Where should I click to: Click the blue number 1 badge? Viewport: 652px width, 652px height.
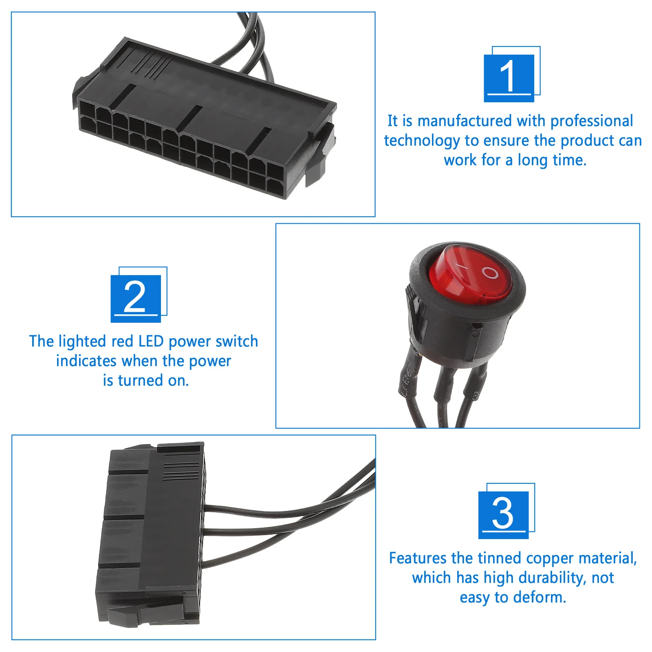tap(509, 77)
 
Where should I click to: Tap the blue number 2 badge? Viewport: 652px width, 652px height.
tap(136, 298)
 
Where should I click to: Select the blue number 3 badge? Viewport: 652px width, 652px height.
tap(504, 514)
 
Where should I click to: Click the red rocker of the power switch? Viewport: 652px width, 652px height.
tap(471, 274)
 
